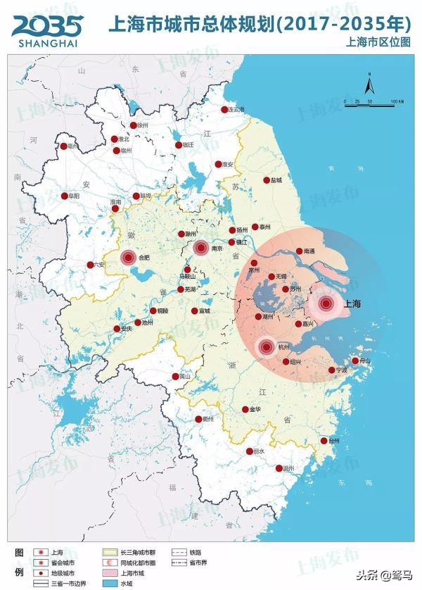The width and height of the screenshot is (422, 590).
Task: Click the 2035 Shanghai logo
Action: point(46,29)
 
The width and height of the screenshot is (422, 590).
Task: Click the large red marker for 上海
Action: point(326,304)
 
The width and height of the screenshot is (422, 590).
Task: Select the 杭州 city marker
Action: point(266,346)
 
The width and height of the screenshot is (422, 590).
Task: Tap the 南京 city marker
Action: point(200,247)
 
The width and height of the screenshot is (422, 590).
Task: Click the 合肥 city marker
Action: point(128,258)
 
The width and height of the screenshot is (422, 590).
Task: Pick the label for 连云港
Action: point(238,110)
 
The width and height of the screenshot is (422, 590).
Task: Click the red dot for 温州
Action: point(279,468)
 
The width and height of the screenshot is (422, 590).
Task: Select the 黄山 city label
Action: point(185,377)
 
